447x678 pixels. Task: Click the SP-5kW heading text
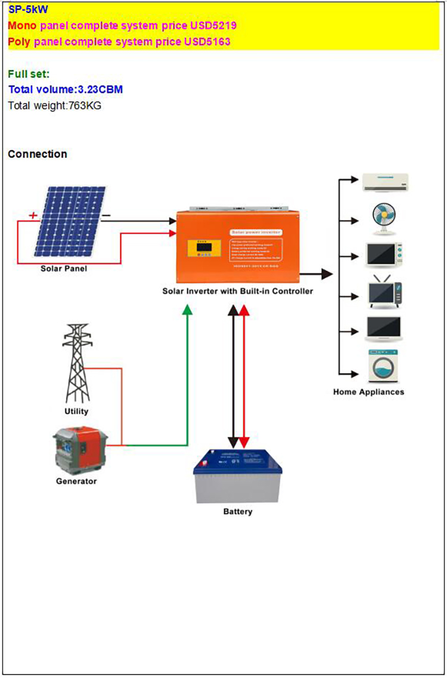click(x=28, y=10)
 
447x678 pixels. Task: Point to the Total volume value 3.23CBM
click(x=101, y=89)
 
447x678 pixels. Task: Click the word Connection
click(x=38, y=154)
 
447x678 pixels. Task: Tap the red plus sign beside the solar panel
click(x=33, y=215)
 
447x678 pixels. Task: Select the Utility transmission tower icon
click(x=76, y=363)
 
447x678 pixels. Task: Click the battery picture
click(x=238, y=475)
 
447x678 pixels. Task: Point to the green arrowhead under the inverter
click(x=188, y=309)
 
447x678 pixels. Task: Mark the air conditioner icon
click(x=386, y=182)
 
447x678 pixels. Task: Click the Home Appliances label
click(x=368, y=392)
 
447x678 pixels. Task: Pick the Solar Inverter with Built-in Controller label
click(x=238, y=292)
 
